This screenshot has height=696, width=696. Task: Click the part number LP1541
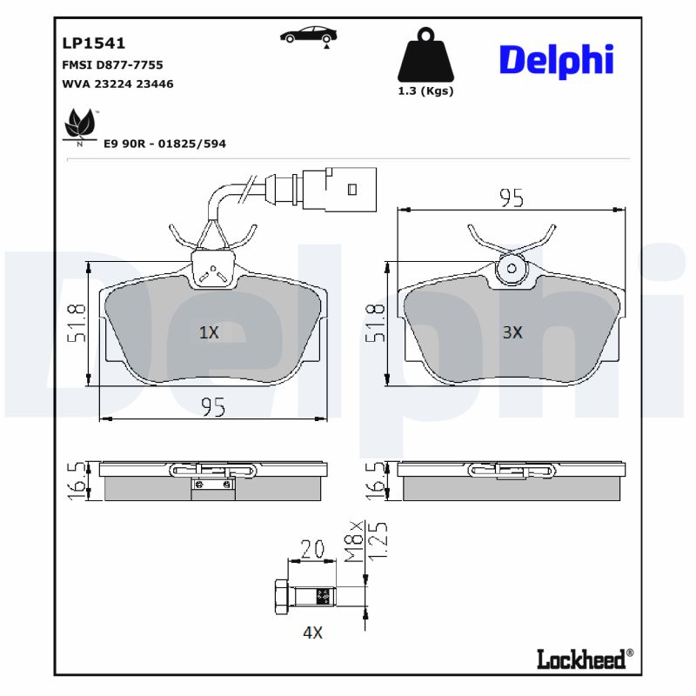(94, 43)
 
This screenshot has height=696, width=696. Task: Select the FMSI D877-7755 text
(112, 64)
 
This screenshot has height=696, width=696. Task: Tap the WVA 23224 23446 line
(117, 84)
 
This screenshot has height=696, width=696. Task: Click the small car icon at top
(309, 35)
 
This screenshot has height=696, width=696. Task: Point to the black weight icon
(425, 55)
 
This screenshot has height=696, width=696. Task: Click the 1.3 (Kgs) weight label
(425, 90)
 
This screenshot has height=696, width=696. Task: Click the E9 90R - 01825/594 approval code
(164, 144)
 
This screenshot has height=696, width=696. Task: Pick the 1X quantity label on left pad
(209, 332)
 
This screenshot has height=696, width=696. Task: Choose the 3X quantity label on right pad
(512, 332)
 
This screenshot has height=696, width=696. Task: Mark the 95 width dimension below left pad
(214, 406)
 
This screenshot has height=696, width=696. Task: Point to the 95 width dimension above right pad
(512, 198)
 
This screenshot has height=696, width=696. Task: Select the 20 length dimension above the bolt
(311, 549)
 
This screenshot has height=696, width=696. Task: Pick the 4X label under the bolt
(312, 633)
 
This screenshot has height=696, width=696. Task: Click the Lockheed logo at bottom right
(580, 659)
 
